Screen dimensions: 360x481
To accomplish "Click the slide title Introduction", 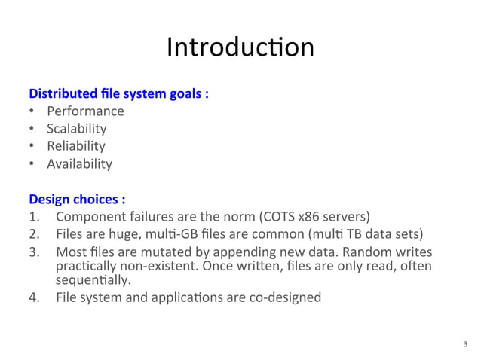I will point(240,47).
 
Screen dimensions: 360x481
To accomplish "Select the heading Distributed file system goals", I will point(118,95).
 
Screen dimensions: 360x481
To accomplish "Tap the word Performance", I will point(85,112).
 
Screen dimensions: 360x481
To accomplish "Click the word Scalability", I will point(77,129).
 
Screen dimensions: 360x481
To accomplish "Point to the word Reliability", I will point(76,146).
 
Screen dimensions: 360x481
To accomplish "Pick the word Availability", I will point(79,163).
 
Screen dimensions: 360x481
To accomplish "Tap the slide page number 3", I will point(464,345).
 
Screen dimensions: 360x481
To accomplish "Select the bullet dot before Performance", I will point(32,112).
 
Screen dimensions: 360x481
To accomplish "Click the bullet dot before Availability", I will point(32,163).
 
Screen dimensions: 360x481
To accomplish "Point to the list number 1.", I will point(33,218).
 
